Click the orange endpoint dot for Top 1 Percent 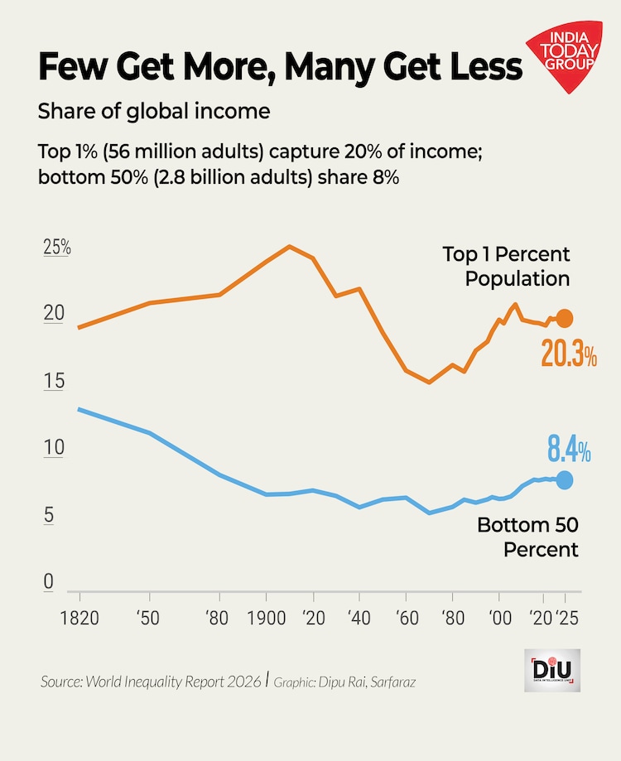pyautogui.click(x=565, y=318)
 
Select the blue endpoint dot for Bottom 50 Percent pyautogui.click(x=565, y=479)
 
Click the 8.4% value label pyautogui.click(x=569, y=451)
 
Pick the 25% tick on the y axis pyautogui.click(x=57, y=248)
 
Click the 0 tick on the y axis pyautogui.click(x=49, y=582)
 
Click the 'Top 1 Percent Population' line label pyautogui.click(x=506, y=266)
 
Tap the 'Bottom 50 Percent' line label pyautogui.click(x=527, y=537)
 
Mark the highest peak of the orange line pyautogui.click(x=289, y=246)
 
